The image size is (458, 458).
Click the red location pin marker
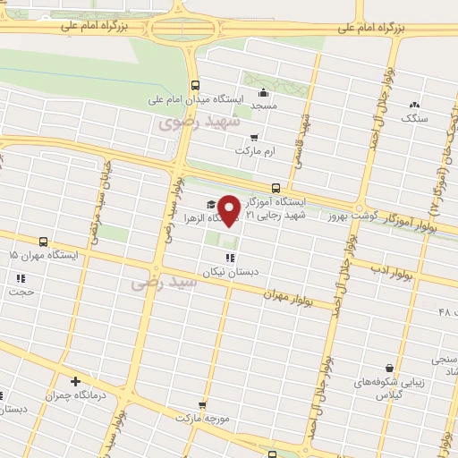229,209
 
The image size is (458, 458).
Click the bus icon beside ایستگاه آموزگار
276,188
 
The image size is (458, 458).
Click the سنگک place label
414,117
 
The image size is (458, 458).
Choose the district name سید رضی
152,283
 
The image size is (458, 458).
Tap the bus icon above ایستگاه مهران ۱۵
44,242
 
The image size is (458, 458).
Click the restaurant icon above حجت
20,278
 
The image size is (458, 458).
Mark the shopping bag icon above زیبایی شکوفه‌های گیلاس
389,368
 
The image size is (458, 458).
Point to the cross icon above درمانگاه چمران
75,382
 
